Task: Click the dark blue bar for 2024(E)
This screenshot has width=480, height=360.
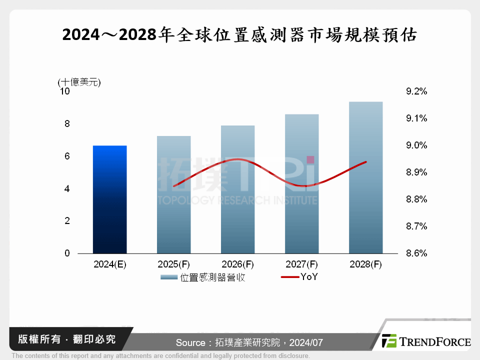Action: point(109,199)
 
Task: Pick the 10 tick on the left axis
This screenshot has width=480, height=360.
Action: point(64,91)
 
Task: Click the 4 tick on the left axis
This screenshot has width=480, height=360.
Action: point(67,189)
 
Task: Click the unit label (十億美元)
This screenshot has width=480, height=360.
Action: point(79,82)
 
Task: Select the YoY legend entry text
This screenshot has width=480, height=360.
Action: point(309,277)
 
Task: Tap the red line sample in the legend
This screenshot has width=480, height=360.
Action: point(289,277)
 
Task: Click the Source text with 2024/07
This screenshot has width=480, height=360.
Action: point(249,342)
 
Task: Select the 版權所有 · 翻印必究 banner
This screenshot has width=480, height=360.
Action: point(67,339)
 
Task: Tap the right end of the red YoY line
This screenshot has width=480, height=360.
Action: point(366,162)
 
